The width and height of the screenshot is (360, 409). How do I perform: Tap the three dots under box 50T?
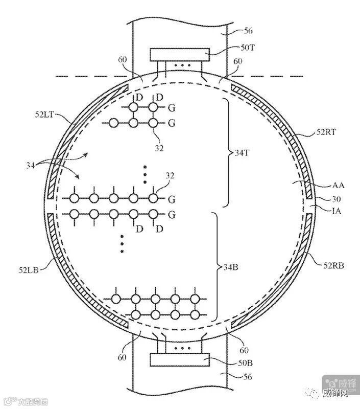(x=180, y=66)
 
